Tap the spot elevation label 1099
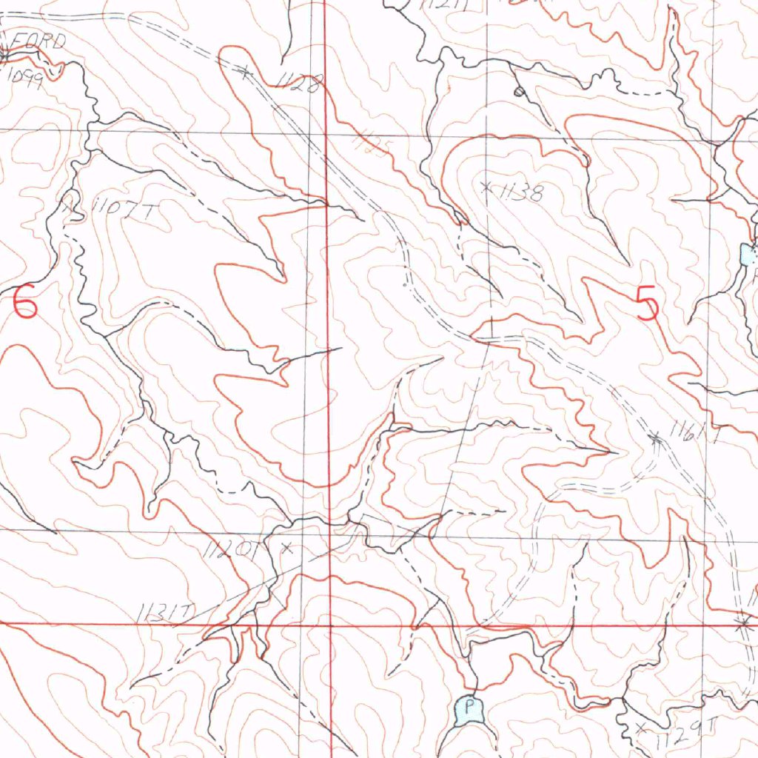25,76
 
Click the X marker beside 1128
244,72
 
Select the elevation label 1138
522,194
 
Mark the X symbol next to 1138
486,186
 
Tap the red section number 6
24,303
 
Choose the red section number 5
647,304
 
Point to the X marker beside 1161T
655,439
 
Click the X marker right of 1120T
288,549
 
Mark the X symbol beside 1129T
641,725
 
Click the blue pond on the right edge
748,255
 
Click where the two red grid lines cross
330,625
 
